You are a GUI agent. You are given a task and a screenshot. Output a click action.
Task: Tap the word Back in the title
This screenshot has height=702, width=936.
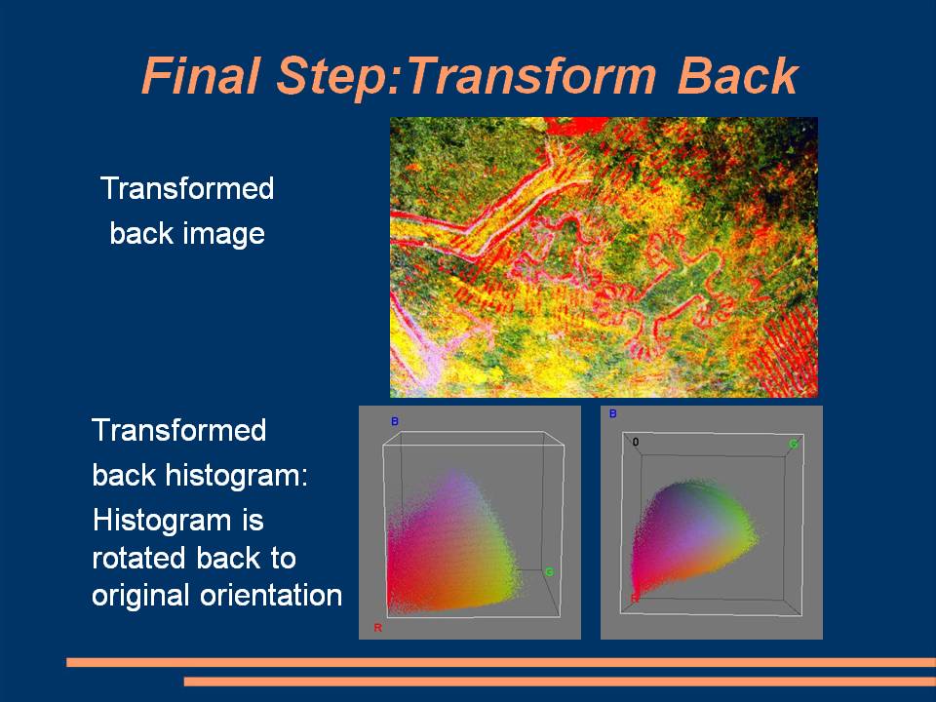pyautogui.click(x=738, y=76)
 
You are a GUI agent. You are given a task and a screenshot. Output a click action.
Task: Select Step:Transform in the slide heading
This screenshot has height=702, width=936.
pyautogui.click(x=466, y=76)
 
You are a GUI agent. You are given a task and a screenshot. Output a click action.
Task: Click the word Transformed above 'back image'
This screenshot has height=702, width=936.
pyautogui.click(x=187, y=188)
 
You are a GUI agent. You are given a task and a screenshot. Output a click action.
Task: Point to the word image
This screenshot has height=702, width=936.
pyautogui.click(x=224, y=233)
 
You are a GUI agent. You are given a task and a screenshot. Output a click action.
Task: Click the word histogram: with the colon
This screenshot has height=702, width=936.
pyautogui.click(x=236, y=475)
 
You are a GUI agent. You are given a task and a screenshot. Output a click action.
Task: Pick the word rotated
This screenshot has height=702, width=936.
pyautogui.click(x=139, y=559)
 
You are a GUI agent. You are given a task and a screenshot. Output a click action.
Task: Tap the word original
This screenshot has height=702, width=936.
pyautogui.click(x=140, y=596)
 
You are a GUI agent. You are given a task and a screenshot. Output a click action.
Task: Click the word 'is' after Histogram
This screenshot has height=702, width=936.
pyautogui.click(x=253, y=520)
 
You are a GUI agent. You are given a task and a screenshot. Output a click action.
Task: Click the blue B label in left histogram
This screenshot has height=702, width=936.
pyautogui.click(x=395, y=421)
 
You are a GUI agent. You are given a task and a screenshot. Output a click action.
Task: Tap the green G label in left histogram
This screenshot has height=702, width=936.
pyautogui.click(x=549, y=572)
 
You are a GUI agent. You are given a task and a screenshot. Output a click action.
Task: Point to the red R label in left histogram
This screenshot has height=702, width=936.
pyautogui.click(x=378, y=627)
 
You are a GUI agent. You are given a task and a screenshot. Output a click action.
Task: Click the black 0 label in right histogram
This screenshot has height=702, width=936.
pyautogui.click(x=635, y=443)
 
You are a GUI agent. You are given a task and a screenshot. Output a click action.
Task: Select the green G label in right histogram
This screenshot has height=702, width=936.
pyautogui.click(x=794, y=444)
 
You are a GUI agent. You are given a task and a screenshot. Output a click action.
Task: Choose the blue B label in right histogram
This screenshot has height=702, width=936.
pyautogui.click(x=612, y=413)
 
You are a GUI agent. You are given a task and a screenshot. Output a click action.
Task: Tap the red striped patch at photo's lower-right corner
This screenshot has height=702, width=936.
pyautogui.click(x=788, y=352)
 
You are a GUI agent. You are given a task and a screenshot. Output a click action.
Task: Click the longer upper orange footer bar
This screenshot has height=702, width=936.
pyautogui.click(x=501, y=662)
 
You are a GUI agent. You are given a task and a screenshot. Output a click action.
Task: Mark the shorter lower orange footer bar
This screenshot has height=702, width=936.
pyautogui.click(x=560, y=682)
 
